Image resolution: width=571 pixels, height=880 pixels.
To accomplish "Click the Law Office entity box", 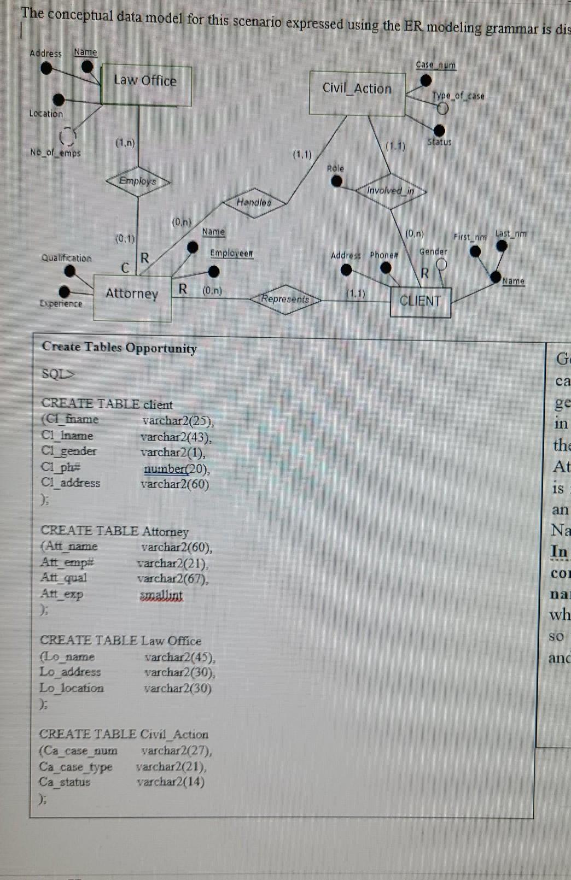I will [146, 85].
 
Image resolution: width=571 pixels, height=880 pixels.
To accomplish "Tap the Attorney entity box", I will [132, 297].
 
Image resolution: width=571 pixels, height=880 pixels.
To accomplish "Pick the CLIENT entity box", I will [421, 302].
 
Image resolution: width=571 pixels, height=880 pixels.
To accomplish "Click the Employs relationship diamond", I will [138, 181].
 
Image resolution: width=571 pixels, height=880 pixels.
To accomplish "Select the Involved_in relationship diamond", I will [391, 191].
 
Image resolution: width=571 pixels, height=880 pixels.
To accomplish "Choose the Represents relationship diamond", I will [285, 299].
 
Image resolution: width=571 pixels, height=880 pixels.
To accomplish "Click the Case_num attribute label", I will [435, 65].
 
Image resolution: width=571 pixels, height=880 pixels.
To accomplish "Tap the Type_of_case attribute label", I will [458, 96].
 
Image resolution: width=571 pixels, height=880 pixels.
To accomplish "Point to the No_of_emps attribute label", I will [55, 153].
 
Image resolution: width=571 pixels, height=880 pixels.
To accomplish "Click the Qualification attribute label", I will [67, 258].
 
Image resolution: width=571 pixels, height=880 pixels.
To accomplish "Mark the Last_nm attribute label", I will [511, 234].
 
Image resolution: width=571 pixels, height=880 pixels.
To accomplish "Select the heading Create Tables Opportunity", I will [119, 348].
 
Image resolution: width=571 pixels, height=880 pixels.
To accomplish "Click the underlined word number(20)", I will [177, 469].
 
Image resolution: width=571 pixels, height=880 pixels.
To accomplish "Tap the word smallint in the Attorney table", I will [161, 595].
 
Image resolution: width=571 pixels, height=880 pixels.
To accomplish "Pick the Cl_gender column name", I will [69, 451].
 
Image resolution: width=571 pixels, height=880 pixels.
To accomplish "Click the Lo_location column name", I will [72, 688].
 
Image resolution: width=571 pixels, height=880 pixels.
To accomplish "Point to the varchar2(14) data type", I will [171, 782].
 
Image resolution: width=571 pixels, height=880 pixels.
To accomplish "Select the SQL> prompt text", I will [58, 374].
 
